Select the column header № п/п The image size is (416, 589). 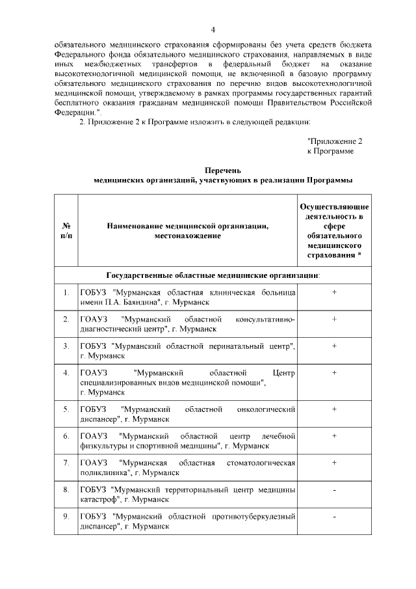coord(65,230)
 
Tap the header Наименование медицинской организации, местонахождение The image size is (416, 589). coord(187,230)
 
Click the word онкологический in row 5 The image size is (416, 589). coord(262,409)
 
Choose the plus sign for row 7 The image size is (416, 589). coord(333,463)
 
